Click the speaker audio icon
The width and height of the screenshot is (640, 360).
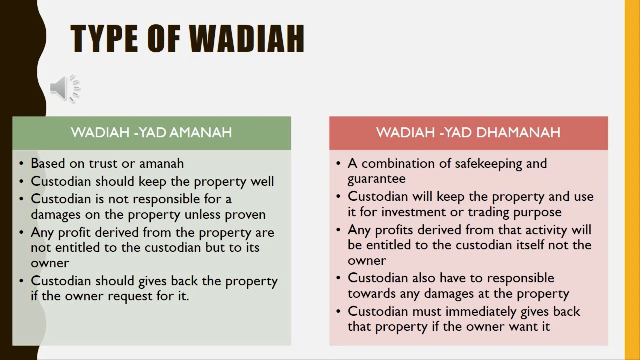pos(65,88)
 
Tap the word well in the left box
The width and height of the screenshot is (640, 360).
pos(262,181)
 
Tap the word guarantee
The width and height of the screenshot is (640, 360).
pos(376,179)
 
